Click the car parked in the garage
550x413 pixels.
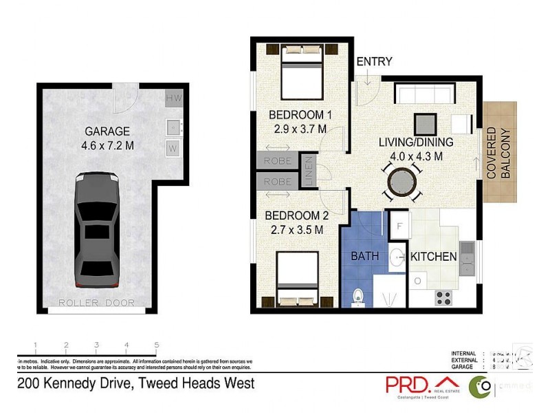pyautogui.click(x=96, y=231)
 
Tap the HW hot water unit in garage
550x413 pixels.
pyautogui.click(x=173, y=99)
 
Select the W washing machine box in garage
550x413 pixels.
pyautogui.click(x=173, y=147)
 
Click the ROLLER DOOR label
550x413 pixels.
pyautogui.click(x=96, y=303)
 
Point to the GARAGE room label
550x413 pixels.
pyautogui.click(x=107, y=131)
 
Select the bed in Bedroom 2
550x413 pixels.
pyautogui.click(x=298, y=279)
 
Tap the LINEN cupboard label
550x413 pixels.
pyautogui.click(x=309, y=172)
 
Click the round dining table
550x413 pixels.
pyautogui.click(x=402, y=183)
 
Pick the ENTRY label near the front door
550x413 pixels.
pyautogui.click(x=373, y=63)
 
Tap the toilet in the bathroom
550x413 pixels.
pyautogui.click(x=357, y=296)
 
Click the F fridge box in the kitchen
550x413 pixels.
pyautogui.click(x=399, y=225)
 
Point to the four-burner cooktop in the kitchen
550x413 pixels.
pyautogui.click(x=444, y=298)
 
